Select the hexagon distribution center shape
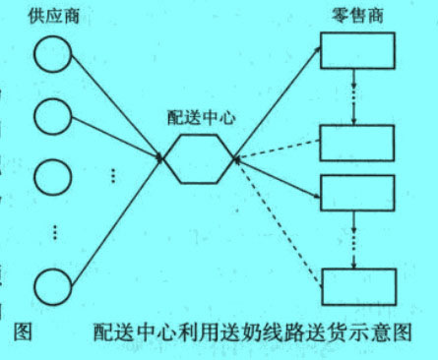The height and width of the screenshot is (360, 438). click(x=198, y=158)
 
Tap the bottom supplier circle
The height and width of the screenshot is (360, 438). click(x=52, y=286)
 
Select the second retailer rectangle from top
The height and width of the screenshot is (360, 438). click(x=357, y=142)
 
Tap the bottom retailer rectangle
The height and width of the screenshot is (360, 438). click(x=357, y=285)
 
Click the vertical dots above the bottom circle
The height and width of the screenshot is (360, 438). click(x=55, y=232)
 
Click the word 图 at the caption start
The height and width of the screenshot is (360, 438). click(x=23, y=330)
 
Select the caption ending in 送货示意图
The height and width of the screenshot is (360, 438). click(x=251, y=331)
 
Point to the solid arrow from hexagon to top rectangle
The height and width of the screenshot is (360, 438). click(x=277, y=102)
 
